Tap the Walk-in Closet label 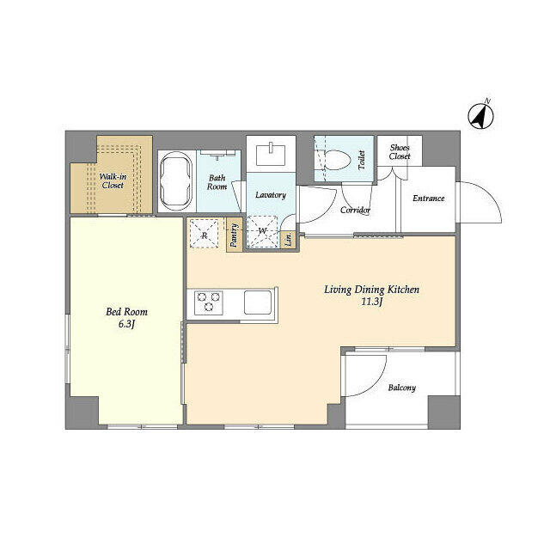tap(113, 180)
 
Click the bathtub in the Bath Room tap(176, 180)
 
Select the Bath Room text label tap(217, 182)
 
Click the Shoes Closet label tap(400, 152)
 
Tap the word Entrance tap(428, 199)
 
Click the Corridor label tap(355, 210)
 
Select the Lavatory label tap(270, 195)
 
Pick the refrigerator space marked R tap(205, 233)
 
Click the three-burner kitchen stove tap(208, 302)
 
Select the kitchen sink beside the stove tap(257, 302)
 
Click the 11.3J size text tap(371, 302)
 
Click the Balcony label tap(401, 388)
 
